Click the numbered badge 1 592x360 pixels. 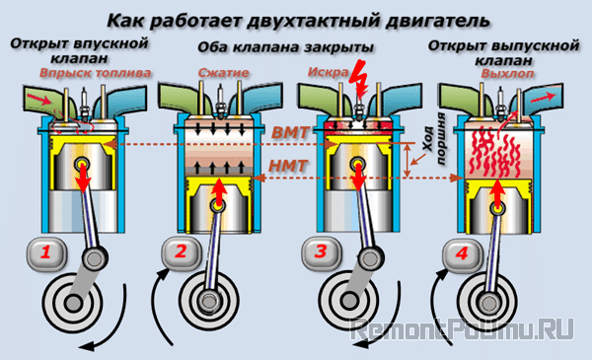(x=44, y=253)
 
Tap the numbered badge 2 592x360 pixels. (x=180, y=252)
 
